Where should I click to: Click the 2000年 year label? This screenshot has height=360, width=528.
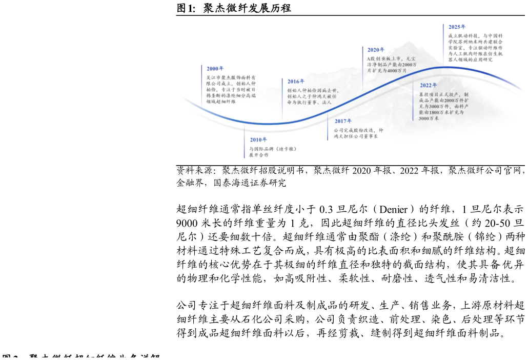click(215, 68)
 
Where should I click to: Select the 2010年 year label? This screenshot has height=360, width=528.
click(258, 139)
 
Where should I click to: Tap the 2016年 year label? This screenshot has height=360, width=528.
click(296, 82)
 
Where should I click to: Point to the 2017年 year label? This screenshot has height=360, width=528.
click(343, 121)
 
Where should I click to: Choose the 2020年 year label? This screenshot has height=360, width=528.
click(376, 50)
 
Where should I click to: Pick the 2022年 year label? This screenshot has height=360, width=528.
click(429, 85)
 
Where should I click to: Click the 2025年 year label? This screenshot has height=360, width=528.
click(457, 26)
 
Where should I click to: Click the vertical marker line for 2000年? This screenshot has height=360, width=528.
click(201, 85)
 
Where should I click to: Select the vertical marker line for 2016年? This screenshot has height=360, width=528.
click(282, 100)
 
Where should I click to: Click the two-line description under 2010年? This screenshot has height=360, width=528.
click(273, 152)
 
